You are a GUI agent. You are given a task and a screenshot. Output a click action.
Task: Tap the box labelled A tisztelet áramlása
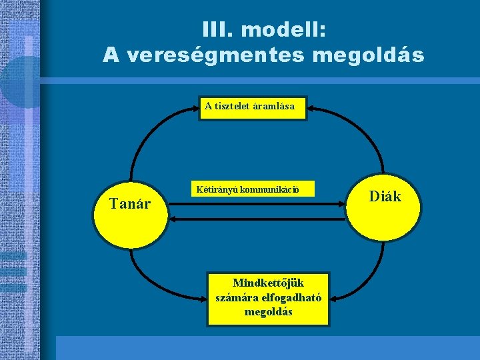pos(254,106)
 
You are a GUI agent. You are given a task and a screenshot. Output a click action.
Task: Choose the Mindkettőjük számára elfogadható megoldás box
pos(268,297)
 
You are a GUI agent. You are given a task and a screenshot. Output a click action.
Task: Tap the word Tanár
pos(130,203)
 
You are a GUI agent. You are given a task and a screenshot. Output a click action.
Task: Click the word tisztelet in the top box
pos(233,106)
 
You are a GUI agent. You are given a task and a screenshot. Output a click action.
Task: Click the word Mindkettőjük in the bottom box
pos(268,283)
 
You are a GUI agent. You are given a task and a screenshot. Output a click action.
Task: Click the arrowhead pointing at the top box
pos(313,107)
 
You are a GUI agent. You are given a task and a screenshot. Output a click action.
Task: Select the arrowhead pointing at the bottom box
pos(335,298)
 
